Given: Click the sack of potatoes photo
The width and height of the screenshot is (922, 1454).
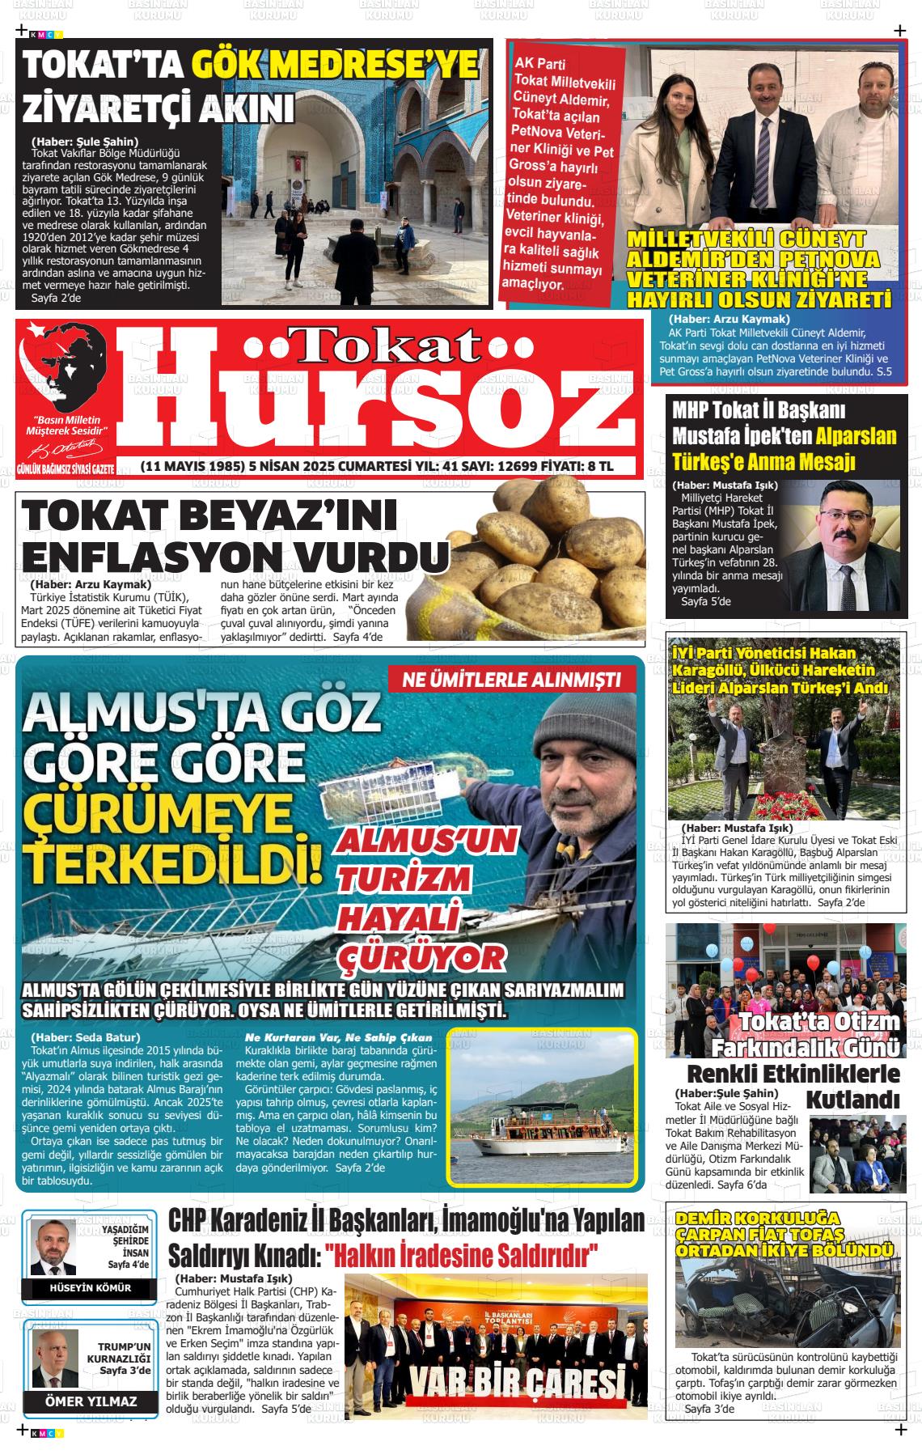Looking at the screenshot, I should pyautogui.click(x=549, y=566).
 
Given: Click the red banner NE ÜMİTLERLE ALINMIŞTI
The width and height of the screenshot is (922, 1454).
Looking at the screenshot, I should pyautogui.click(x=512, y=680).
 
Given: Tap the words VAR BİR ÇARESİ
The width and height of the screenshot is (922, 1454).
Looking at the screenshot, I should pyautogui.click(x=518, y=1385).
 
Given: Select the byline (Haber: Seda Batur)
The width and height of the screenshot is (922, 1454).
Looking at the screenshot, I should pyautogui.click(x=86, y=1037).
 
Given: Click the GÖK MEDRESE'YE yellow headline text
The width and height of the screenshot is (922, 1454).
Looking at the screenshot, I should pyautogui.click(x=334, y=66).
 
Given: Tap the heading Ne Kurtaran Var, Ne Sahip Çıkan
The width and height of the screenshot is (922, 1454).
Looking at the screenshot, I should pyautogui.click(x=339, y=1037).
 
